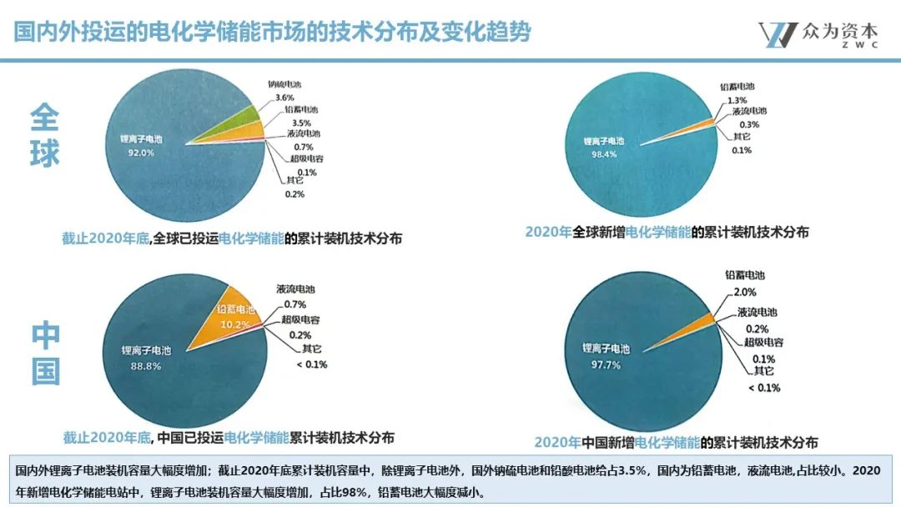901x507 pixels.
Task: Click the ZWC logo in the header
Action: tap(818, 33)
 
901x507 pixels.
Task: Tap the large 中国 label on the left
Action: tap(46, 354)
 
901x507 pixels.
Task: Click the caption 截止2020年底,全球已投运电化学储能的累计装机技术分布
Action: tap(232, 238)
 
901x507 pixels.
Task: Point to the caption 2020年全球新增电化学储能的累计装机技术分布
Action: tap(667, 232)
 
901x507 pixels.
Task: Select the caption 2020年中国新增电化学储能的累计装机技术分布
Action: tap(676, 442)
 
